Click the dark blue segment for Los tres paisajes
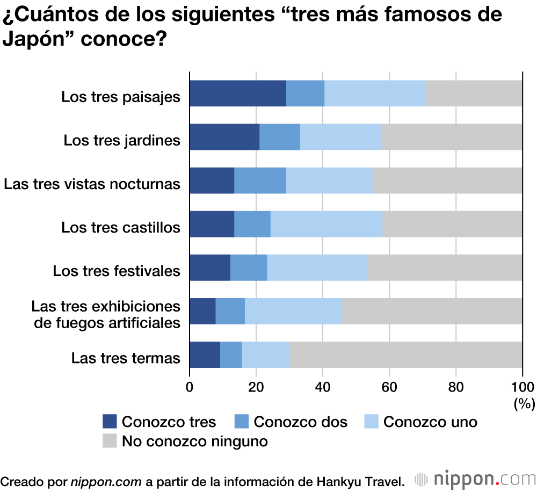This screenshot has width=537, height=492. [x=238, y=93]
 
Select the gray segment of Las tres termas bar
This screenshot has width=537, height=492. [x=405, y=354]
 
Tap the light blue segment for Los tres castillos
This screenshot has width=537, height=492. [x=326, y=224]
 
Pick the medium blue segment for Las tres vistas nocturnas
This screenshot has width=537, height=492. [x=260, y=180]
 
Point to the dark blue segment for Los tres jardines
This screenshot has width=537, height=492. [x=224, y=137]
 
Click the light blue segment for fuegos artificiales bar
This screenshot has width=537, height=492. [x=293, y=311]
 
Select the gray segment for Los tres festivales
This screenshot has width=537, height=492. [x=445, y=267]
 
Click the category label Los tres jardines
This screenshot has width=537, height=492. [x=122, y=140]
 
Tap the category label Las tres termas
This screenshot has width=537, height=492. [x=126, y=358]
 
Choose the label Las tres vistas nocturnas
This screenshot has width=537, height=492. [x=92, y=184]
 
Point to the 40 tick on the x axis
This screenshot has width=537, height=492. [x=323, y=386]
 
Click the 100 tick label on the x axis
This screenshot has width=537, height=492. [x=522, y=386]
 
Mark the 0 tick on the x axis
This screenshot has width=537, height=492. [x=190, y=386]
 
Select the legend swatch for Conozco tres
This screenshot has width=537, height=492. [x=110, y=422]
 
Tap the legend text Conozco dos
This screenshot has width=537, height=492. [x=300, y=422]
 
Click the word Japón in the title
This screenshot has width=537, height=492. [x=32, y=39]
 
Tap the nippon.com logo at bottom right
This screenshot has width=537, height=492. [x=475, y=479]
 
